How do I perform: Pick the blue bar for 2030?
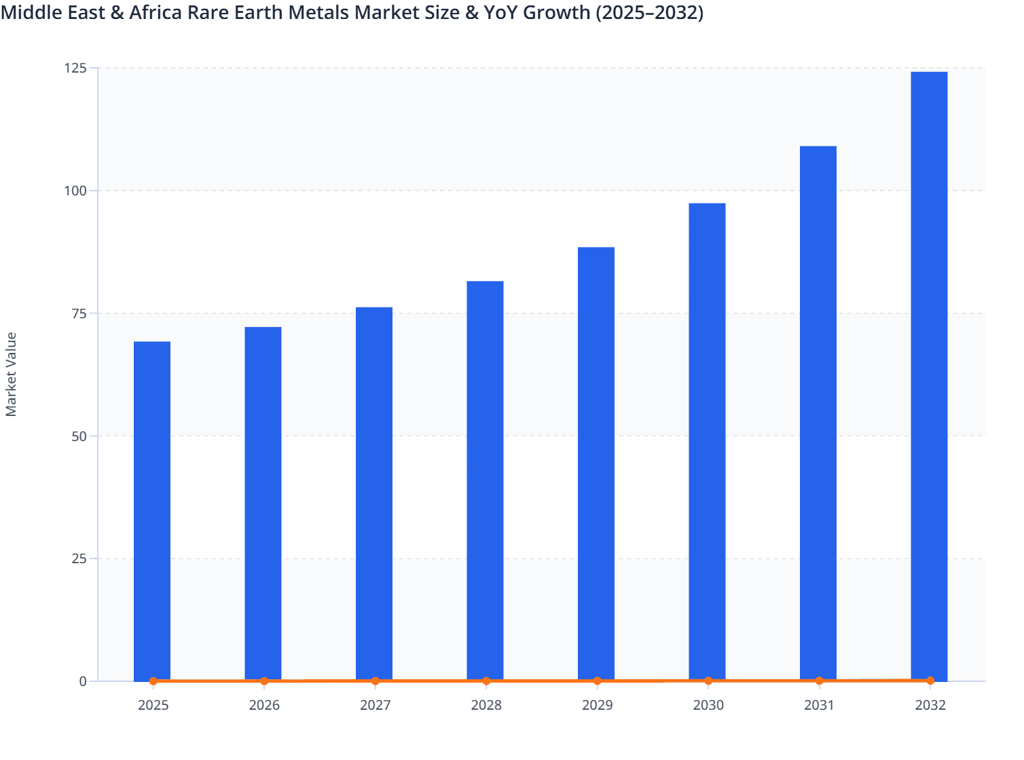coord(707,441)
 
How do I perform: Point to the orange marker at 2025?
coord(153,681)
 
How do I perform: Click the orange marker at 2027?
coord(376,681)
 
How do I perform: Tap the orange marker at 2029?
coord(598,681)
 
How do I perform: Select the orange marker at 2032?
coord(930,680)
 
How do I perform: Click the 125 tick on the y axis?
coord(75,68)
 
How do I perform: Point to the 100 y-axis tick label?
coord(75,191)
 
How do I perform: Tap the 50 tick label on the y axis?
coord(79,436)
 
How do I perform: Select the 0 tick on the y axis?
coord(83,681)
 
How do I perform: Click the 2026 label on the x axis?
coord(264,705)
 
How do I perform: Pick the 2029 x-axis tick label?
coord(598,705)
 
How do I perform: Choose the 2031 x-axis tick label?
coord(819,705)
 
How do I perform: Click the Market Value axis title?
coord(11,374)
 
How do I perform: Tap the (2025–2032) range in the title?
coord(649,12)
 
